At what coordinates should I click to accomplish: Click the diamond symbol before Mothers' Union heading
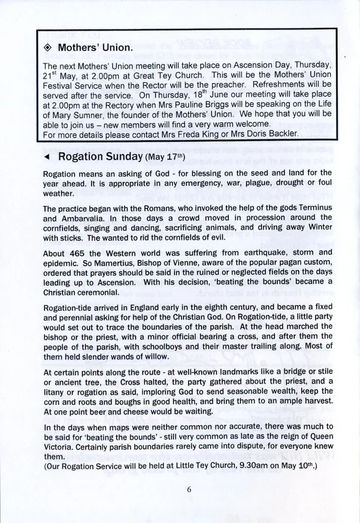(49, 47)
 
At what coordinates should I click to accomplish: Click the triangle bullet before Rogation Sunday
(48, 157)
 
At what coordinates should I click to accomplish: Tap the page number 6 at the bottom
(188, 489)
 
